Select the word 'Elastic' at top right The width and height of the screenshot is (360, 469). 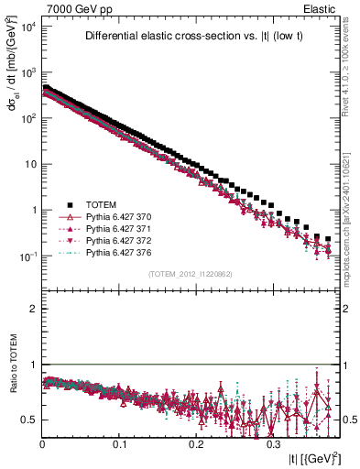tap(326, 9)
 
